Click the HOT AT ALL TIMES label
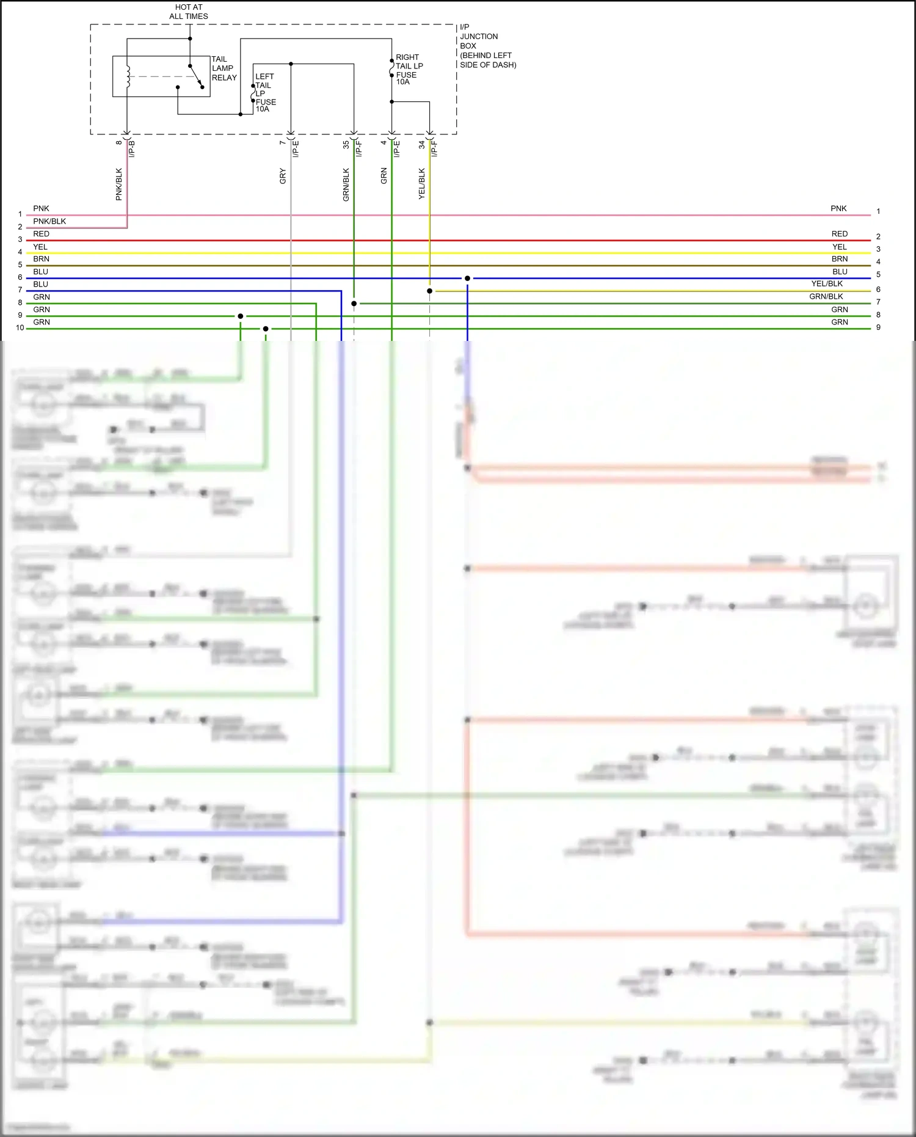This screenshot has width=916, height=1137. pyautogui.click(x=189, y=12)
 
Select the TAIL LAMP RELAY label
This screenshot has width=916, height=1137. pyautogui.click(x=224, y=68)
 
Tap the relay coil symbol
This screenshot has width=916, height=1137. pyautogui.click(x=128, y=76)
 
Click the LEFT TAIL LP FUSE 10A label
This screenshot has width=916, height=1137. pyautogui.click(x=265, y=93)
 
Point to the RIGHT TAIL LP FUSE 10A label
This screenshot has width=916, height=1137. pyautogui.click(x=409, y=70)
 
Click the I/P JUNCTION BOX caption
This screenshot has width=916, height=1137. pyautogui.click(x=487, y=46)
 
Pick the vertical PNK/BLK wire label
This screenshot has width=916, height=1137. pyautogui.click(x=119, y=184)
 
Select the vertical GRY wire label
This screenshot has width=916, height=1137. pyautogui.click(x=283, y=176)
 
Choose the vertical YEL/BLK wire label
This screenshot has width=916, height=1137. pyautogui.click(x=422, y=183)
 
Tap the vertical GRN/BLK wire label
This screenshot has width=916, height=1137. pyautogui.click(x=346, y=185)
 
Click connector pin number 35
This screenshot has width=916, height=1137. pyautogui.click(x=346, y=145)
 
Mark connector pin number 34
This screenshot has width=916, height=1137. pyautogui.click(x=422, y=145)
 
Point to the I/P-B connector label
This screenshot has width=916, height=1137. pyautogui.click(x=132, y=148)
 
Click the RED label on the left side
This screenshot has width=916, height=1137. pyautogui.click(x=41, y=234)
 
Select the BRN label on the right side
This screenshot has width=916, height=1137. pyautogui.click(x=840, y=259)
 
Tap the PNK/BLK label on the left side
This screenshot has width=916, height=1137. pyautogui.click(x=49, y=221)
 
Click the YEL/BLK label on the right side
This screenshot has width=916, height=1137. pyautogui.click(x=827, y=283)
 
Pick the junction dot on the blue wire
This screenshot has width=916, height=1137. pyautogui.click(x=467, y=278)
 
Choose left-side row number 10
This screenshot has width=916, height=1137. pyautogui.click(x=20, y=328)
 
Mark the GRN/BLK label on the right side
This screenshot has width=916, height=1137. pyautogui.click(x=826, y=296)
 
